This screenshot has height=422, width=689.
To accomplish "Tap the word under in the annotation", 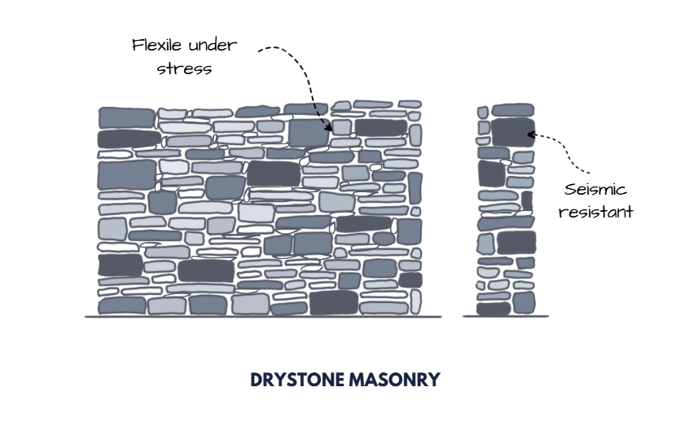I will coord(214,45).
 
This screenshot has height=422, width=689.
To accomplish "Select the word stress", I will coord(185,68).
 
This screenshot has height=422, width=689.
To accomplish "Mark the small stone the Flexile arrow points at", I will coord(342,127).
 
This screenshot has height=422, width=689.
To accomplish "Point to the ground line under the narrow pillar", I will coord(505,317).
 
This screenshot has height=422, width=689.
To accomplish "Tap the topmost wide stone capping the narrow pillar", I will coord(513,110).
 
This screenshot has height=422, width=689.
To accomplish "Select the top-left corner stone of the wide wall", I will coord(126,117).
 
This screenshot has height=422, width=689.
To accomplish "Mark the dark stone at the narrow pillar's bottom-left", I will coord(493,309).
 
